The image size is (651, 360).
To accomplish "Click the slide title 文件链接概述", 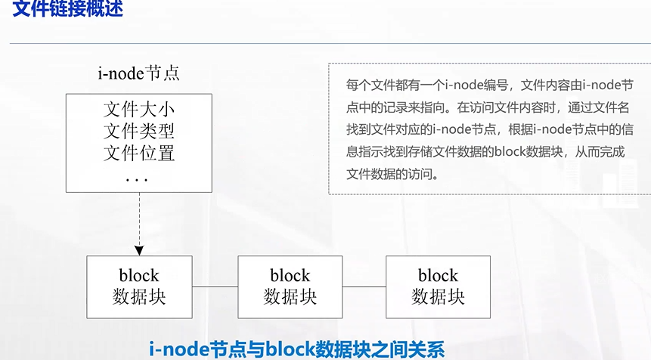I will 67,11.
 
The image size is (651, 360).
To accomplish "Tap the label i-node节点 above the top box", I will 139,74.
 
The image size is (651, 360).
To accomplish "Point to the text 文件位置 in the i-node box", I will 139,154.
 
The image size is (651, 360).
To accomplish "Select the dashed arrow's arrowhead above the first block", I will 139,250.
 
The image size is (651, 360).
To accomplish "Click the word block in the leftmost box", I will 139,275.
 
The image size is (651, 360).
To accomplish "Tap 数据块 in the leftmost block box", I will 139,296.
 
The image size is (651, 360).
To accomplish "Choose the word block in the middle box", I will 290,275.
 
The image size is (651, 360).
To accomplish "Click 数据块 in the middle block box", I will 290,296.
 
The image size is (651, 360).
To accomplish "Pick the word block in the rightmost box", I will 439,275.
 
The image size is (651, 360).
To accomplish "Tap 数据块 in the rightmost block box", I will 439,296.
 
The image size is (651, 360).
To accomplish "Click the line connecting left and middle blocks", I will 215,287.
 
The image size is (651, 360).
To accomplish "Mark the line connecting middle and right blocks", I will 364,287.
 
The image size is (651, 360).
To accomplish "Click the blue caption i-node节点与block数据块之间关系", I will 297,349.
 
